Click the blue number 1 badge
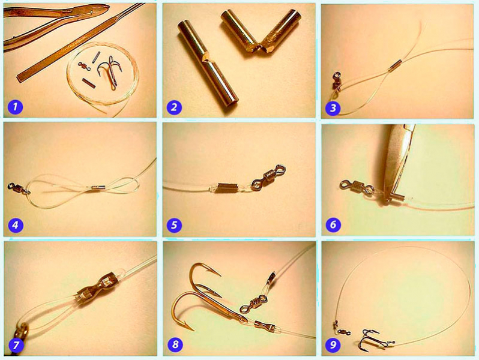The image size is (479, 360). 16,107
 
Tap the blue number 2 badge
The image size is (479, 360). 174,107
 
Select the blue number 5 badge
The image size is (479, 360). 174,225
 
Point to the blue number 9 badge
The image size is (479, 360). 333,345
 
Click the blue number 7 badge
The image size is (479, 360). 16,345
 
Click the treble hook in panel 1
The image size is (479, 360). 109,72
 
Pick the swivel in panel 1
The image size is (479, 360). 84,66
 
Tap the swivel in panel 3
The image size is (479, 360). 337,81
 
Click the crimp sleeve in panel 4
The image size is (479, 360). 98,188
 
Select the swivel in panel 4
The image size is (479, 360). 19,188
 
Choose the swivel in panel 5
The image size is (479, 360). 268,178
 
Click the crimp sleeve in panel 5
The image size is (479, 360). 227,187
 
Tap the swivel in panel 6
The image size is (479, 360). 357,187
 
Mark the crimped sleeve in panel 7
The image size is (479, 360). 97,289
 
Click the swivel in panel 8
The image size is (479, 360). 253,303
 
